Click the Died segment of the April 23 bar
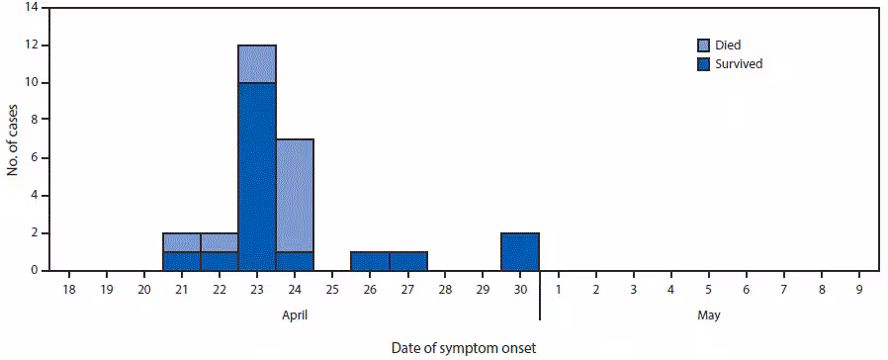(257, 63)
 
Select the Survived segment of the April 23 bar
(257, 176)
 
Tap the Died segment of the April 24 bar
(295, 195)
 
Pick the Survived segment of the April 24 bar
(295, 261)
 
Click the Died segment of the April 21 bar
(182, 242)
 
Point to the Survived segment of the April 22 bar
(220, 261)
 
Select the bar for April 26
(370, 261)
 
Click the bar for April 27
(407, 261)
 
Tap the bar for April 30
(520, 252)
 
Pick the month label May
(708, 315)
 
